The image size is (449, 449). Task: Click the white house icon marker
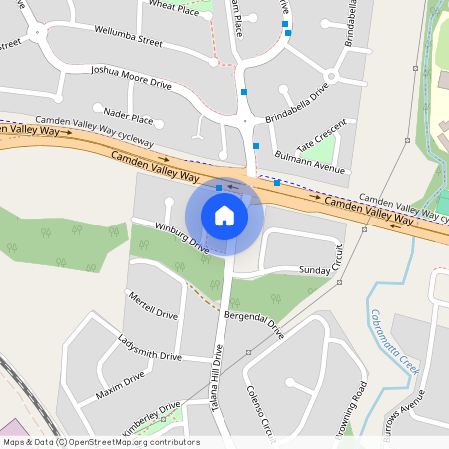224,215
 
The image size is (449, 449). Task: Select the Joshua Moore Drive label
131,78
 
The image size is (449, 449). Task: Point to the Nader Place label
128,118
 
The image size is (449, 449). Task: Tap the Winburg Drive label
181,238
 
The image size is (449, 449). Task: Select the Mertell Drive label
152,305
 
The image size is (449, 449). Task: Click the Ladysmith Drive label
150,347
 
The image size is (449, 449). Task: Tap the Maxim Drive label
121,384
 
